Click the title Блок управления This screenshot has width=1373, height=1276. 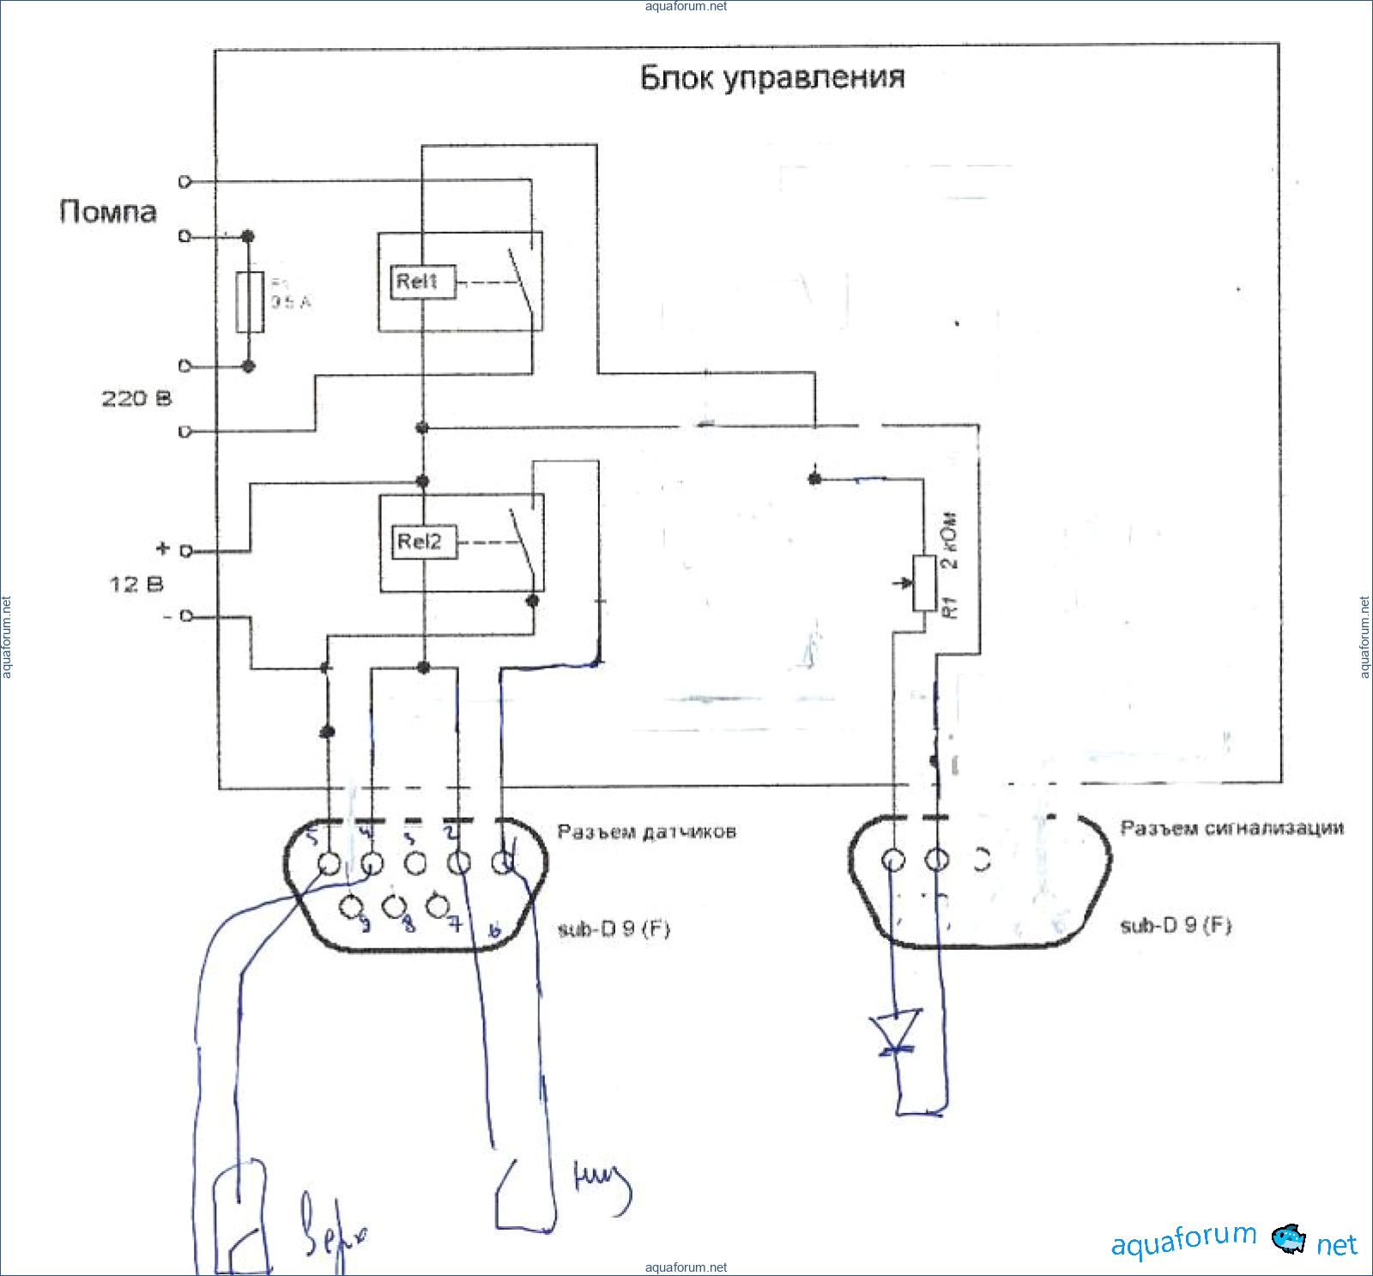[771, 78]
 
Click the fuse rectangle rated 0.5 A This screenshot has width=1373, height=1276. [250, 302]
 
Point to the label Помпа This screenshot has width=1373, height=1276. [108, 212]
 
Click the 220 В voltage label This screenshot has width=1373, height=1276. [136, 398]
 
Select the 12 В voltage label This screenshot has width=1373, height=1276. [136, 584]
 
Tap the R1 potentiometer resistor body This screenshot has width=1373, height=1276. [923, 583]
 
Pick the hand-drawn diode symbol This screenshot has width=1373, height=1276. [895, 1031]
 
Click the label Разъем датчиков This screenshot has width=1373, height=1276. [646, 832]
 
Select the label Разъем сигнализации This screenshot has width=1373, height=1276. [1231, 828]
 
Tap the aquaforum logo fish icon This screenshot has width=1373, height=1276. [1287, 1239]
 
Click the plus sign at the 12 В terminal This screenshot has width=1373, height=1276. [163, 548]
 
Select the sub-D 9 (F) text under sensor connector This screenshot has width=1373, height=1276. [613, 929]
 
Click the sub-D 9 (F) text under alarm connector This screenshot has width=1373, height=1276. [1175, 926]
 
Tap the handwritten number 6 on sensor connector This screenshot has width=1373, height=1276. [494, 929]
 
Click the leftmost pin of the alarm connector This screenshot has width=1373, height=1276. [893, 860]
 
